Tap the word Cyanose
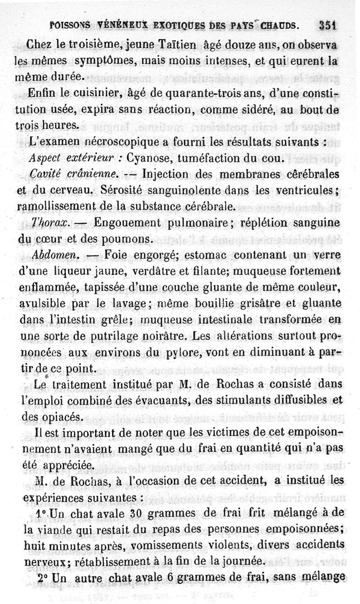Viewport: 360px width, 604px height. tap(148, 159)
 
